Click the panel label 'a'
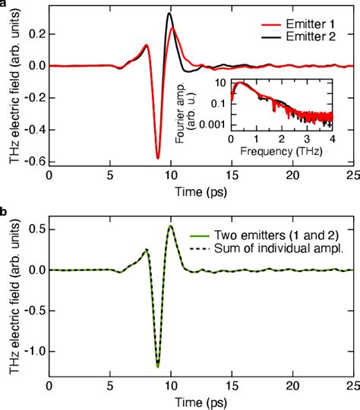click(x=4, y=4)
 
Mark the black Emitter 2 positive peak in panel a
click(x=169, y=14)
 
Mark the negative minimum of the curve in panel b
click(x=158, y=367)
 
